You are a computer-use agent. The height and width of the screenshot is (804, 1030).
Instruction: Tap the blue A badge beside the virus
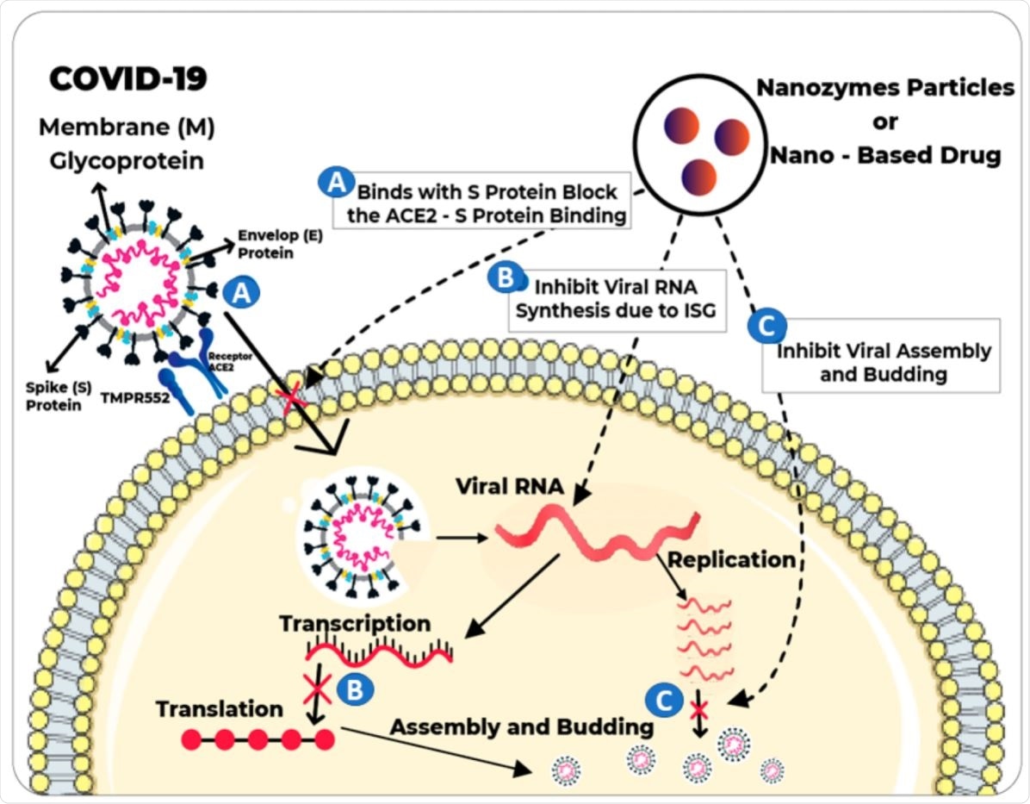(x=243, y=294)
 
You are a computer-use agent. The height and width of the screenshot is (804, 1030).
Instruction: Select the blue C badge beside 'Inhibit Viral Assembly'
(x=763, y=325)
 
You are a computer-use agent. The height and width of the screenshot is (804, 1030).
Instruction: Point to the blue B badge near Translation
(x=355, y=689)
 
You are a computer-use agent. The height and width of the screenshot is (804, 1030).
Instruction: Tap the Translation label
(x=219, y=709)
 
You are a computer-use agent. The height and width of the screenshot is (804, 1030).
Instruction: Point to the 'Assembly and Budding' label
(x=521, y=726)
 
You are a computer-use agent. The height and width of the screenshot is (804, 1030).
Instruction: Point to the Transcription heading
(x=355, y=622)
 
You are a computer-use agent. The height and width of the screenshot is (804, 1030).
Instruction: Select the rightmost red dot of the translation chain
(x=325, y=739)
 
